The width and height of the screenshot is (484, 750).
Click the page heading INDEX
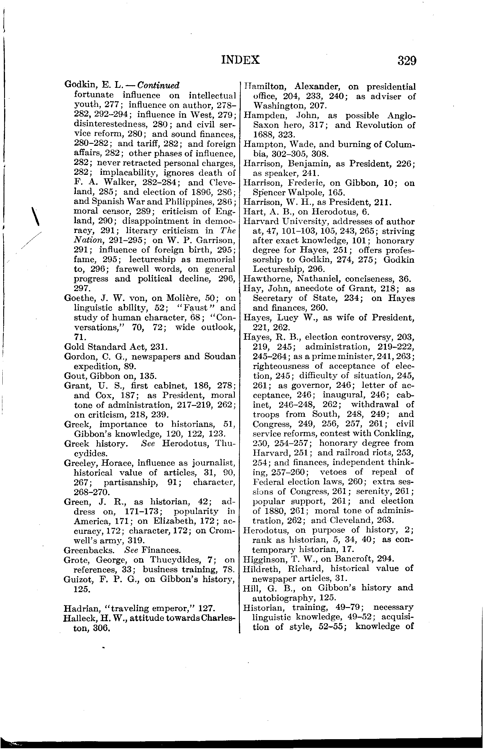240,60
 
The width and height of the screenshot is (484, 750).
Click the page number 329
407,60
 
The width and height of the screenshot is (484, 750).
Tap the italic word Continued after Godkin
159,86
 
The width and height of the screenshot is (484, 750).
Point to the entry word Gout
72,376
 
